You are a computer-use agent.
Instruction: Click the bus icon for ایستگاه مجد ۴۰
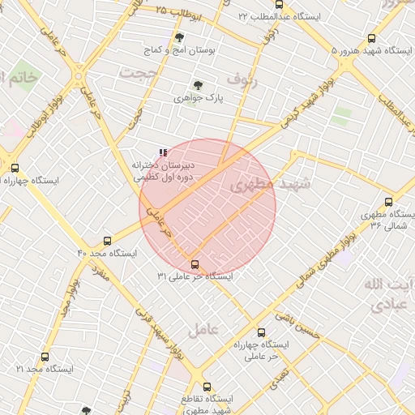coord(108,241)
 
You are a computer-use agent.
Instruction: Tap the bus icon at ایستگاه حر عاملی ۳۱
coord(195,264)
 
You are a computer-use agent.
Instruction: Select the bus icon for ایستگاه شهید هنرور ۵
coord(372,38)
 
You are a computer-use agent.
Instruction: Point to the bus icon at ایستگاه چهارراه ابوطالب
coord(15,168)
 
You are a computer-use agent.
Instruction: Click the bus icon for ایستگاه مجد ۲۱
coord(44,357)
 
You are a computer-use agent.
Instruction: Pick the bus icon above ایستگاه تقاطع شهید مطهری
coord(207,387)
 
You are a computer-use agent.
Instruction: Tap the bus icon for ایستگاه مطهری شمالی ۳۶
coord(388,202)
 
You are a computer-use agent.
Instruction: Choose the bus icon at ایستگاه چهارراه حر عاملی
coord(261,332)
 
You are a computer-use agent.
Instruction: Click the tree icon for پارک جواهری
coord(197,84)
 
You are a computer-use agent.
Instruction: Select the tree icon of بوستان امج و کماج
coord(179,37)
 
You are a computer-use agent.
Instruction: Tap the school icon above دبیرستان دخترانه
coord(163,152)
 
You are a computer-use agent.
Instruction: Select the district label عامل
coord(203,330)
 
